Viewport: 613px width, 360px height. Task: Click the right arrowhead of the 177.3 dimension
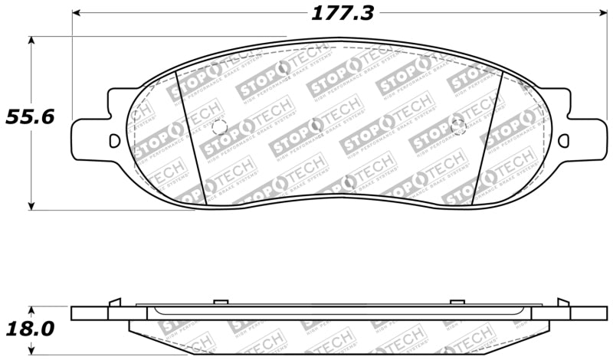pos(602,14)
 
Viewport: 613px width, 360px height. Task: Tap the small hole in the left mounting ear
pos(114,140)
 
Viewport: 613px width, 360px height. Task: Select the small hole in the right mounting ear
pos(564,140)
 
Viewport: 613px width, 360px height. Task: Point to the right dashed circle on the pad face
pos(459,126)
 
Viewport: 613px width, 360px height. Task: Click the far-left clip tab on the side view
pos(114,302)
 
